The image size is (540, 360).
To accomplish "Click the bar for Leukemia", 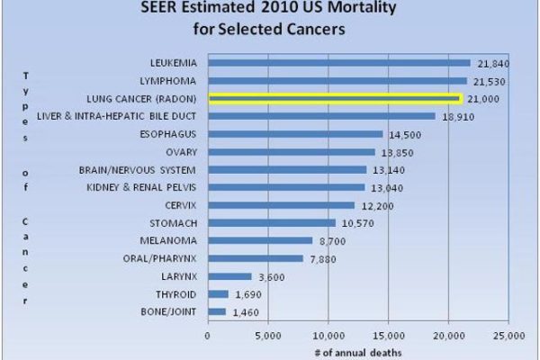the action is (x=339, y=63).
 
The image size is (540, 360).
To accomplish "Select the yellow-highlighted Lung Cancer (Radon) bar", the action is (x=336, y=99).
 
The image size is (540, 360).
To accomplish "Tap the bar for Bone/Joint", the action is (x=217, y=311).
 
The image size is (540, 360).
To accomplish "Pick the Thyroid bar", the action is (x=219, y=294).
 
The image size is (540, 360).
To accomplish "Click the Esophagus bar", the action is (x=295, y=134).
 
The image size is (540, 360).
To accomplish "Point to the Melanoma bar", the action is (x=260, y=240).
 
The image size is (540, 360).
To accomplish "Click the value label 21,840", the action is (x=493, y=64).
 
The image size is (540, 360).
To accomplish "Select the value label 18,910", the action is (x=458, y=117).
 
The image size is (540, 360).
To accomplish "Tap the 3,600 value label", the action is (x=272, y=277).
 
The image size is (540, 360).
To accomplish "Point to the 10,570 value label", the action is (x=358, y=223).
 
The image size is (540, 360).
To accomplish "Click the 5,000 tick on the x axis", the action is (x=268, y=336).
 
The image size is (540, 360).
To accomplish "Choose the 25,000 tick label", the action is (x=508, y=336).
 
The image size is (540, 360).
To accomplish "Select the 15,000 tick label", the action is (x=389, y=336).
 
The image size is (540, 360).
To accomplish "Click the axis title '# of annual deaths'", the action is (x=358, y=353).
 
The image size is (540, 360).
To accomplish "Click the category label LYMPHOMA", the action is (x=167, y=81).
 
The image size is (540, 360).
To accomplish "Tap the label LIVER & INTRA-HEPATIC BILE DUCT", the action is (x=116, y=116).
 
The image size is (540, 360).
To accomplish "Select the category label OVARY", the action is (x=181, y=152).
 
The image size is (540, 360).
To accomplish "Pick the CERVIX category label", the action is (x=181, y=205).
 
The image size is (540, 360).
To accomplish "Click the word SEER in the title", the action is (x=159, y=7).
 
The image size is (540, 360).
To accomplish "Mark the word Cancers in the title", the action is (x=316, y=29).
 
